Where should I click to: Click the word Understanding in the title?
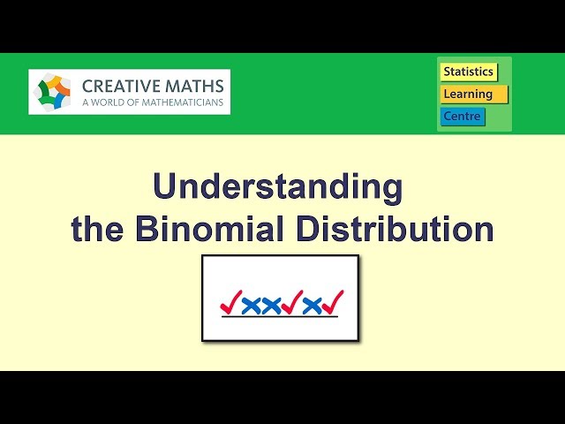pyautogui.click(x=277, y=188)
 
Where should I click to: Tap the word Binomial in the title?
pyautogui.click(x=211, y=229)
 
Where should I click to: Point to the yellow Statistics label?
pyautogui.click(x=468, y=72)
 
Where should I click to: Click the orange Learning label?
pyautogui.click(x=473, y=94)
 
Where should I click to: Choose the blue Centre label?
pyautogui.click(x=463, y=116)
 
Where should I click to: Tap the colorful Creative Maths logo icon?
pyautogui.click(x=55, y=92)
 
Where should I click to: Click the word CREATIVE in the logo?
pyautogui.click(x=120, y=86)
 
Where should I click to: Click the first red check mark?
pyautogui.click(x=230, y=303)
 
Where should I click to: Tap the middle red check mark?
pyautogui.click(x=292, y=303)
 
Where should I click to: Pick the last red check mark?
pyautogui.click(x=333, y=303)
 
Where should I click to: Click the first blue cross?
pyautogui.click(x=251, y=306)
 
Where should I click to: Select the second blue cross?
pyautogui.click(x=271, y=306)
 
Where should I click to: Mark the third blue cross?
pyautogui.click(x=313, y=306)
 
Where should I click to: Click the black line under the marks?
pyautogui.click(x=279, y=317)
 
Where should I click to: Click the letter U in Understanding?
pyautogui.click(x=165, y=186)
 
